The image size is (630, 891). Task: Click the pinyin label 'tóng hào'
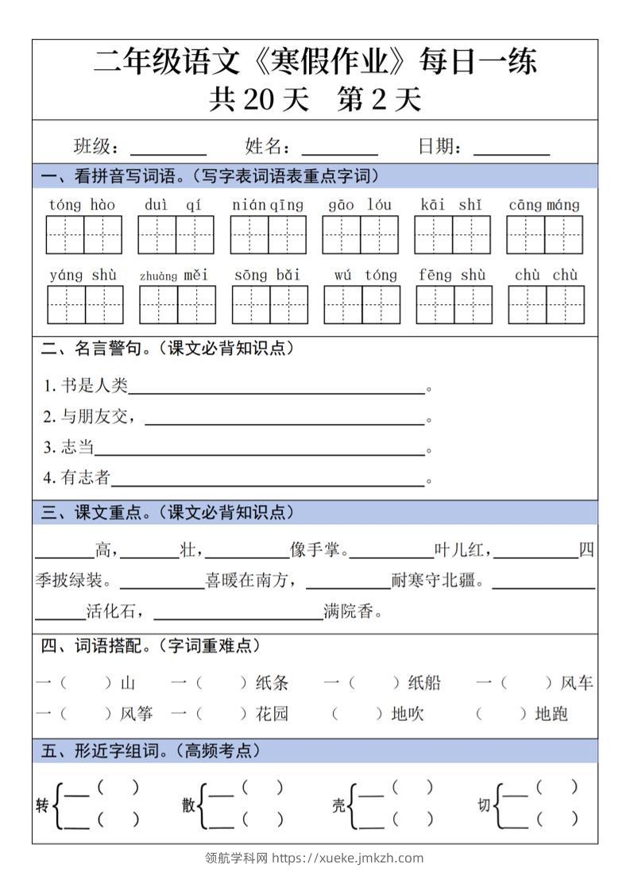[x=82, y=205]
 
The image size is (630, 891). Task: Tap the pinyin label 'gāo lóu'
[x=360, y=205]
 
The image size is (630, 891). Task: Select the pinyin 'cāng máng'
[x=544, y=205]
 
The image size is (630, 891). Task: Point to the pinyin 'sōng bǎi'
[x=267, y=276]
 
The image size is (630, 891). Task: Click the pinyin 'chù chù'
[x=546, y=276]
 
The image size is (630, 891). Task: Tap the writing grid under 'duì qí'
[x=176, y=234]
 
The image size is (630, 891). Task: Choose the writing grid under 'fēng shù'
[x=454, y=305]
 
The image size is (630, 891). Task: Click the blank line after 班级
[x=168, y=148]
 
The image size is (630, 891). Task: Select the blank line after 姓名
[x=339, y=148]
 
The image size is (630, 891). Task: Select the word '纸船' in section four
[x=424, y=683]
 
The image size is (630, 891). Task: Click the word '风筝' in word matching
[x=136, y=714]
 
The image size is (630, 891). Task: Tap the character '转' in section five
[x=42, y=806]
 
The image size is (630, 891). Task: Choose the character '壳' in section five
[x=338, y=806]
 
